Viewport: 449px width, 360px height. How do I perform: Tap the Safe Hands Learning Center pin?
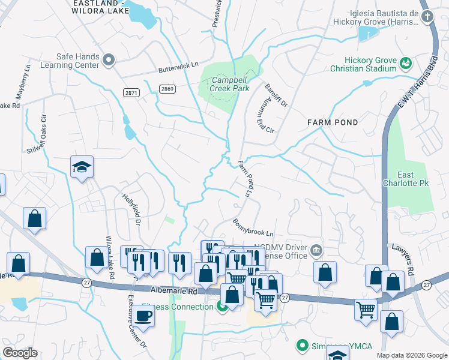tap(109, 59)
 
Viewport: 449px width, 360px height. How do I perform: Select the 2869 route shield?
tap(168, 89)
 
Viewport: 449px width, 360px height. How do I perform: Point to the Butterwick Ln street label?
tap(178, 69)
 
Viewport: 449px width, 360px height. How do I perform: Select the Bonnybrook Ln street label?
tap(253, 227)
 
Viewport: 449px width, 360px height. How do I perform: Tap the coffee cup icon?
tap(143, 316)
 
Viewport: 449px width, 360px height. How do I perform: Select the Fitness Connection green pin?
tap(222, 307)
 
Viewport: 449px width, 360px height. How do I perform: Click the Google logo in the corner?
tap(19, 353)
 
